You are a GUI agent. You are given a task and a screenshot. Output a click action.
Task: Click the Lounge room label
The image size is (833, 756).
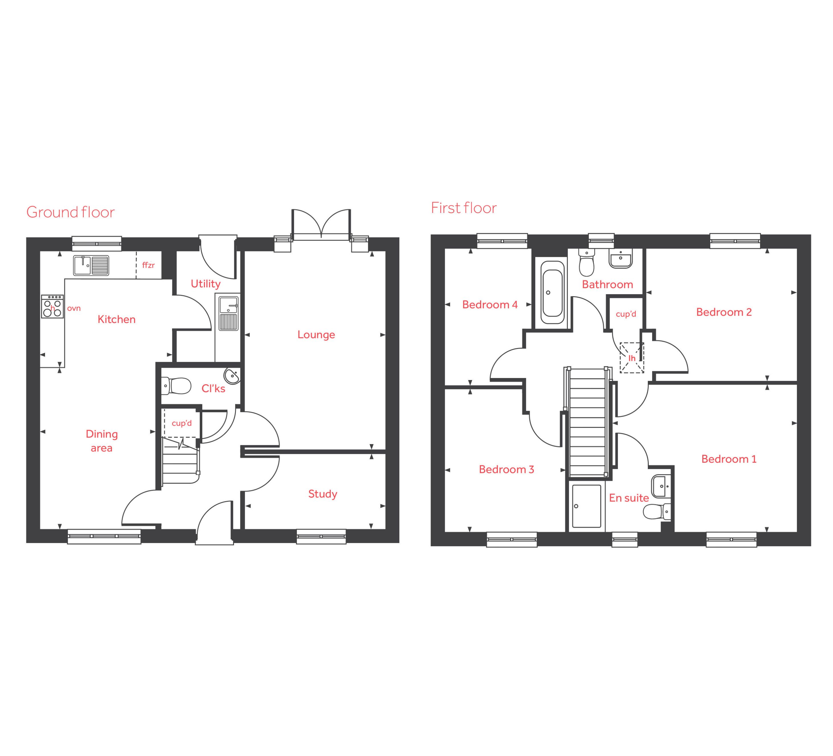[x=316, y=335]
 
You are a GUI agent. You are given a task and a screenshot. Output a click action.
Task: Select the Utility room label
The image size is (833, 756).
[x=205, y=284]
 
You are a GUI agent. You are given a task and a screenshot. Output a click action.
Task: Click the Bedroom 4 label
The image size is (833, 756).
[x=490, y=305]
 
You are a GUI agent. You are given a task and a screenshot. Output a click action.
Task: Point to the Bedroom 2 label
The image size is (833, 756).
[x=724, y=312]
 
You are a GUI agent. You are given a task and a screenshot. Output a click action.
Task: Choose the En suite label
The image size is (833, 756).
[x=629, y=498]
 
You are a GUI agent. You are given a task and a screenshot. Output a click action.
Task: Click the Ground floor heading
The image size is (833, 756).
[x=70, y=212]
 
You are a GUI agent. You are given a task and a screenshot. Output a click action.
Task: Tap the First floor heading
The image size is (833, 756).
[x=464, y=208]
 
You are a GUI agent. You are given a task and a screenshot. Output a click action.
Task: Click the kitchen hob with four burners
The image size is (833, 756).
[x=52, y=306]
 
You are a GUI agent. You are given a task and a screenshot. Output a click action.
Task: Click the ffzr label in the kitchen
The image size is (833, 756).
[x=148, y=265]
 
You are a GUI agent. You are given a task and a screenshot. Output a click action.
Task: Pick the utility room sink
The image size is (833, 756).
[x=228, y=313]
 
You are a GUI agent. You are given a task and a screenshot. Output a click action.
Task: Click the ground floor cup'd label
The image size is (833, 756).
[x=182, y=423]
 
